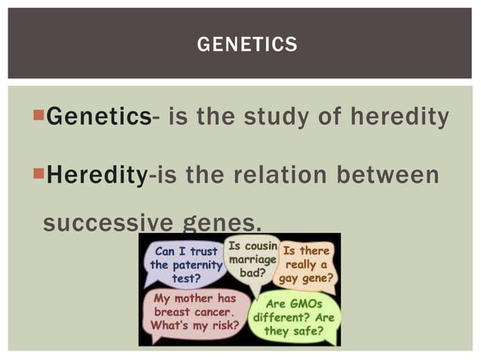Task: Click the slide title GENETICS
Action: [x=247, y=45]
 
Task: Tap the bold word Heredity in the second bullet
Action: [x=97, y=175]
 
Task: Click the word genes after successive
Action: [x=222, y=222]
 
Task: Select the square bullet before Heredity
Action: [x=40, y=174]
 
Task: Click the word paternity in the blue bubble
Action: [x=197, y=264]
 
